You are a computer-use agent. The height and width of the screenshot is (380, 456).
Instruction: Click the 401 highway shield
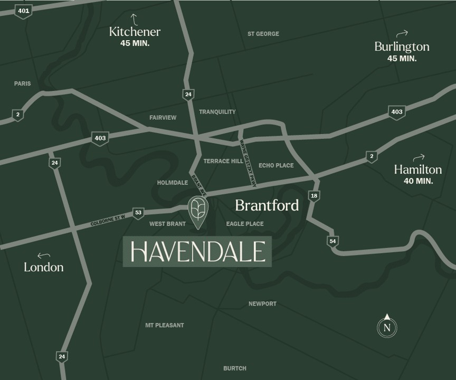(23, 11)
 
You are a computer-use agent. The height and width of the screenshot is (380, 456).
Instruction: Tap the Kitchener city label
(135, 32)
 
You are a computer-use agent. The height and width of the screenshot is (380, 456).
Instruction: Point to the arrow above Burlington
(402, 33)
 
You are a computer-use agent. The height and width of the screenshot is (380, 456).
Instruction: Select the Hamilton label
(418, 169)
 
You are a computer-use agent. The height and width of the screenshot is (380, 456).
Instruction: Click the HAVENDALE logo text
(197, 252)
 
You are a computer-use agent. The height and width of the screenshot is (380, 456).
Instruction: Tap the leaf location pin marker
(198, 212)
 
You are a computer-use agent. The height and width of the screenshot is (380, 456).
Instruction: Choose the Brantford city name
(267, 205)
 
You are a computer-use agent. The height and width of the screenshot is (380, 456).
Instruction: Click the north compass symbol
(387, 327)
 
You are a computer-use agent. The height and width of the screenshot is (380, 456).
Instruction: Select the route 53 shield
(138, 213)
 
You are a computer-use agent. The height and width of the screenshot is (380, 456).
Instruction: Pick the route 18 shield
(315, 196)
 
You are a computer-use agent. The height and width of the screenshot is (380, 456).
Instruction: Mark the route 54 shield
(332, 241)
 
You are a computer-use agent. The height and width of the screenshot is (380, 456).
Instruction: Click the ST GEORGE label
(263, 34)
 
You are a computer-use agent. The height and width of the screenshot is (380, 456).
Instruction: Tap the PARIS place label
(23, 83)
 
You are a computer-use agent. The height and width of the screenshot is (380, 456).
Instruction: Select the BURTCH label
(235, 368)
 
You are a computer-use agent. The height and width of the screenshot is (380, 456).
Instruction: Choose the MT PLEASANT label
(165, 325)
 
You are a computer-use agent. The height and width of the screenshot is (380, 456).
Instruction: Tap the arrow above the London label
(43, 255)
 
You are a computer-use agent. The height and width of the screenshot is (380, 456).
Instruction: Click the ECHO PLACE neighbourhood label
(276, 165)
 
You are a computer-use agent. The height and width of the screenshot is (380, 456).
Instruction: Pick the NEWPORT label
(262, 303)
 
